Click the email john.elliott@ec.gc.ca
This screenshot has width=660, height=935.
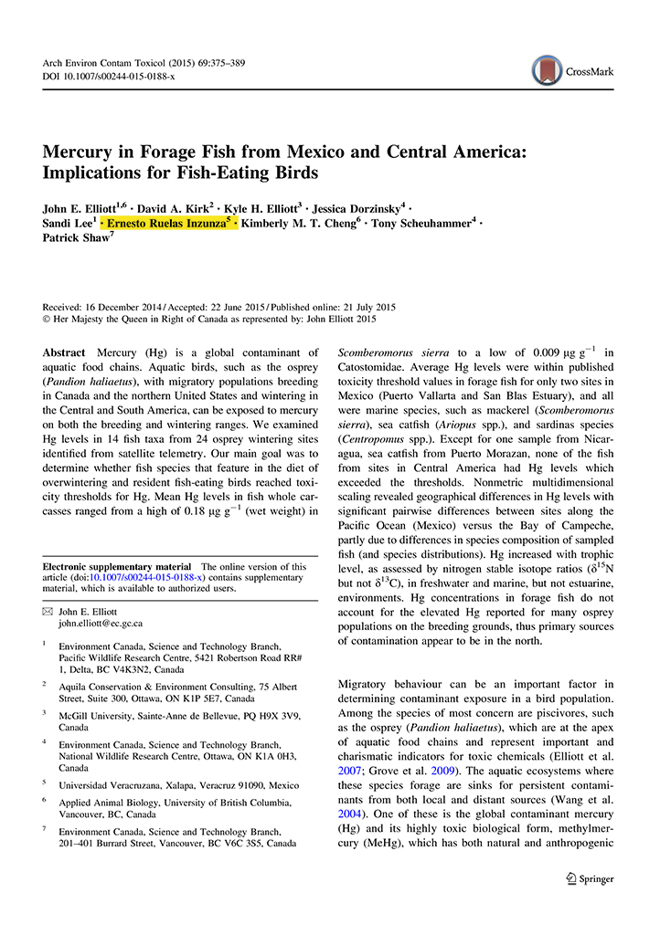click(x=101, y=624)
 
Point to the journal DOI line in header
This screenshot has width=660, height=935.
click(x=109, y=76)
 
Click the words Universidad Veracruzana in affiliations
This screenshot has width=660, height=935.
click(x=110, y=783)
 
